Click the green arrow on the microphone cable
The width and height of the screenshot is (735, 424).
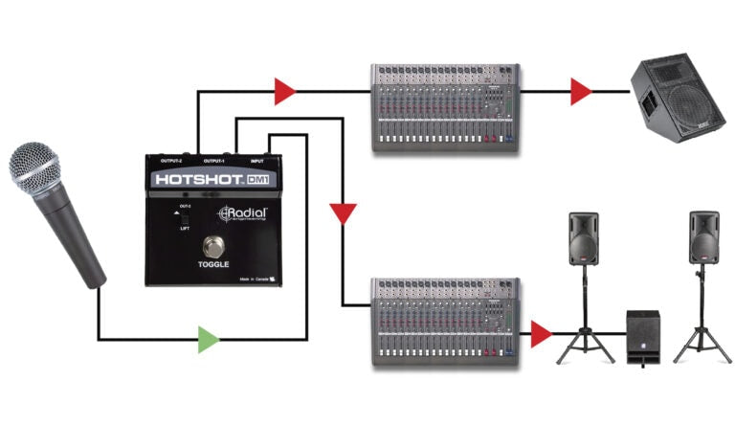pyautogui.click(x=208, y=339)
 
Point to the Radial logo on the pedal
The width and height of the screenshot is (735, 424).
pyautogui.click(x=244, y=214)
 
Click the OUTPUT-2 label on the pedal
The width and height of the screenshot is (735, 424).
pyautogui.click(x=178, y=162)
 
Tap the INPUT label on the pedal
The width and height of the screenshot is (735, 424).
pyautogui.click(x=256, y=162)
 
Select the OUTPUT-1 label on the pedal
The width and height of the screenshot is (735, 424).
pyautogui.click(x=219, y=162)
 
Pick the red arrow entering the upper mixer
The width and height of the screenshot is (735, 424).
pyautogui.click(x=284, y=92)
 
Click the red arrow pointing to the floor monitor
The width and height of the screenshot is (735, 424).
pyautogui.click(x=580, y=92)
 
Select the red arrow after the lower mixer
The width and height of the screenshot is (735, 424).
pyautogui.click(x=542, y=334)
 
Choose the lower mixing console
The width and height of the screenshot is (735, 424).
pyautogui.click(x=445, y=321)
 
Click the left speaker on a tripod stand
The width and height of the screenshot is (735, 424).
pyautogui.click(x=584, y=238)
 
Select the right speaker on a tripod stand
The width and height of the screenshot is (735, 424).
pyautogui.click(x=703, y=238)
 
